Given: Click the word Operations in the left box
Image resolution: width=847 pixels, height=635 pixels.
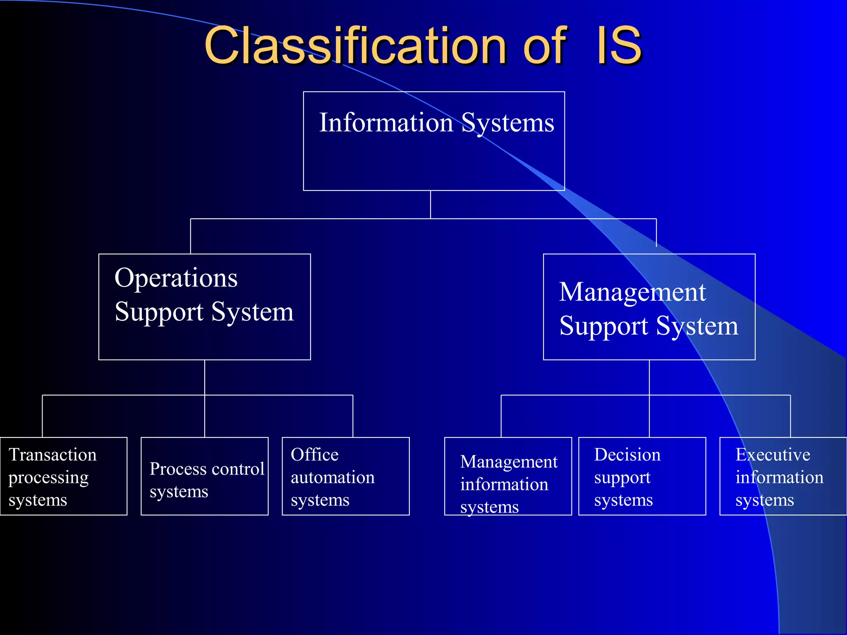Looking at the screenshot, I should click(x=176, y=278).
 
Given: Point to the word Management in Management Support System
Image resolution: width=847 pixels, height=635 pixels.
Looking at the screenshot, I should click(x=632, y=292).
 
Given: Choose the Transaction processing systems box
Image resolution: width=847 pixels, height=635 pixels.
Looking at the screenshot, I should click(x=64, y=476).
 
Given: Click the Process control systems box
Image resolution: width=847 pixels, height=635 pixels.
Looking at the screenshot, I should click(x=205, y=476).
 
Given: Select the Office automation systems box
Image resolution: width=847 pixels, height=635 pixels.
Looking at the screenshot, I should click(x=346, y=476).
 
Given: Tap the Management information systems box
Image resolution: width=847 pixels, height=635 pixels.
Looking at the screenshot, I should click(x=508, y=476).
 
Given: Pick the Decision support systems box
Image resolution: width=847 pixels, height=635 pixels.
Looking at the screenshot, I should click(x=642, y=476).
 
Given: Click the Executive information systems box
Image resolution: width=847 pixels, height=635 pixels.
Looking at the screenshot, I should click(x=783, y=476).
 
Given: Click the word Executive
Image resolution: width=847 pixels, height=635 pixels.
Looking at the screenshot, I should click(x=773, y=455).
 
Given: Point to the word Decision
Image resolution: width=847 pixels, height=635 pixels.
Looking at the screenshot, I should click(x=627, y=455).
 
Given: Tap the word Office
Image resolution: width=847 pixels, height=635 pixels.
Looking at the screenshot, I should click(x=314, y=455).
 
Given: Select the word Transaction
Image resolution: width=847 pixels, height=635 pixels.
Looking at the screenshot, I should click(x=53, y=455).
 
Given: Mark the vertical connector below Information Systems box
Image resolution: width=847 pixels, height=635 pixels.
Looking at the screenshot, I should click(x=431, y=205).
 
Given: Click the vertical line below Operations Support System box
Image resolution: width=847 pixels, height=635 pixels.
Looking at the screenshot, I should click(x=205, y=377).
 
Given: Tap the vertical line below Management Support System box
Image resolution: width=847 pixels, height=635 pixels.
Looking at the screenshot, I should click(x=649, y=377).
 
